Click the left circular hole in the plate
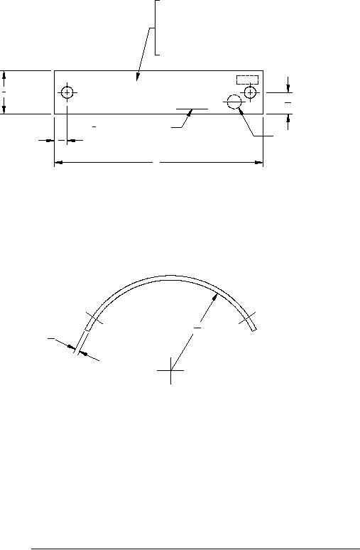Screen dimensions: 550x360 67,93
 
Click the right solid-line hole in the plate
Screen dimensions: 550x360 250,92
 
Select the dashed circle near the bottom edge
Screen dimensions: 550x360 234,102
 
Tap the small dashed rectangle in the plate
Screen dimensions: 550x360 247,79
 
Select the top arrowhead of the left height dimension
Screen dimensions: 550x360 4,74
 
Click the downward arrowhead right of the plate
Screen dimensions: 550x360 288,88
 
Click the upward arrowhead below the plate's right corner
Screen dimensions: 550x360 288,118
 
